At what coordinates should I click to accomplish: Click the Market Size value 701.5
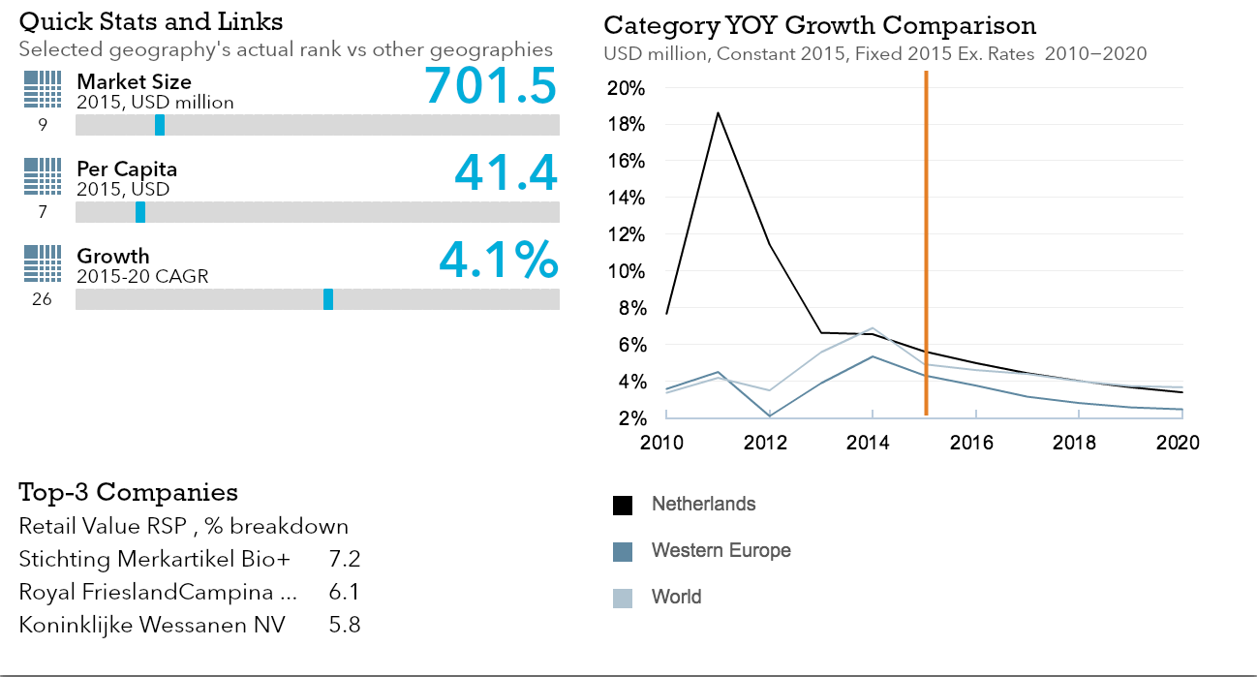click(x=491, y=85)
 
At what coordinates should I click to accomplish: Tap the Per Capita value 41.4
click(x=506, y=173)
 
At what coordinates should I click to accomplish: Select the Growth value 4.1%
click(x=499, y=261)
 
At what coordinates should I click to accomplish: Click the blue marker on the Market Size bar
click(x=160, y=125)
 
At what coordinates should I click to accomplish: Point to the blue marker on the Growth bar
click(x=328, y=299)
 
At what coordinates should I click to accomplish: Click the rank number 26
click(x=42, y=299)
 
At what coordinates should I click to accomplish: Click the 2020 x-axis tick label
click(x=1179, y=443)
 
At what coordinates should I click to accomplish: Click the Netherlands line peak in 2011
click(x=718, y=112)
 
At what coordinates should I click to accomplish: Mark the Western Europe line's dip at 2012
click(x=770, y=415)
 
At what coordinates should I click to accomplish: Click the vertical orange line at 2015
click(x=926, y=242)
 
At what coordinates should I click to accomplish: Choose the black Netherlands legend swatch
click(x=623, y=506)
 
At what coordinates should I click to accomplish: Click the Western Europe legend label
click(x=720, y=551)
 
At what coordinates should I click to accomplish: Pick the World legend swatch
click(x=623, y=599)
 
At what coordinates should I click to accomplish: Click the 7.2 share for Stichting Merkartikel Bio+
click(x=345, y=560)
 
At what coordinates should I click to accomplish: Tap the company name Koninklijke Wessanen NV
click(x=152, y=625)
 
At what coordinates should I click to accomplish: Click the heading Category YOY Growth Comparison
click(x=819, y=25)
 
